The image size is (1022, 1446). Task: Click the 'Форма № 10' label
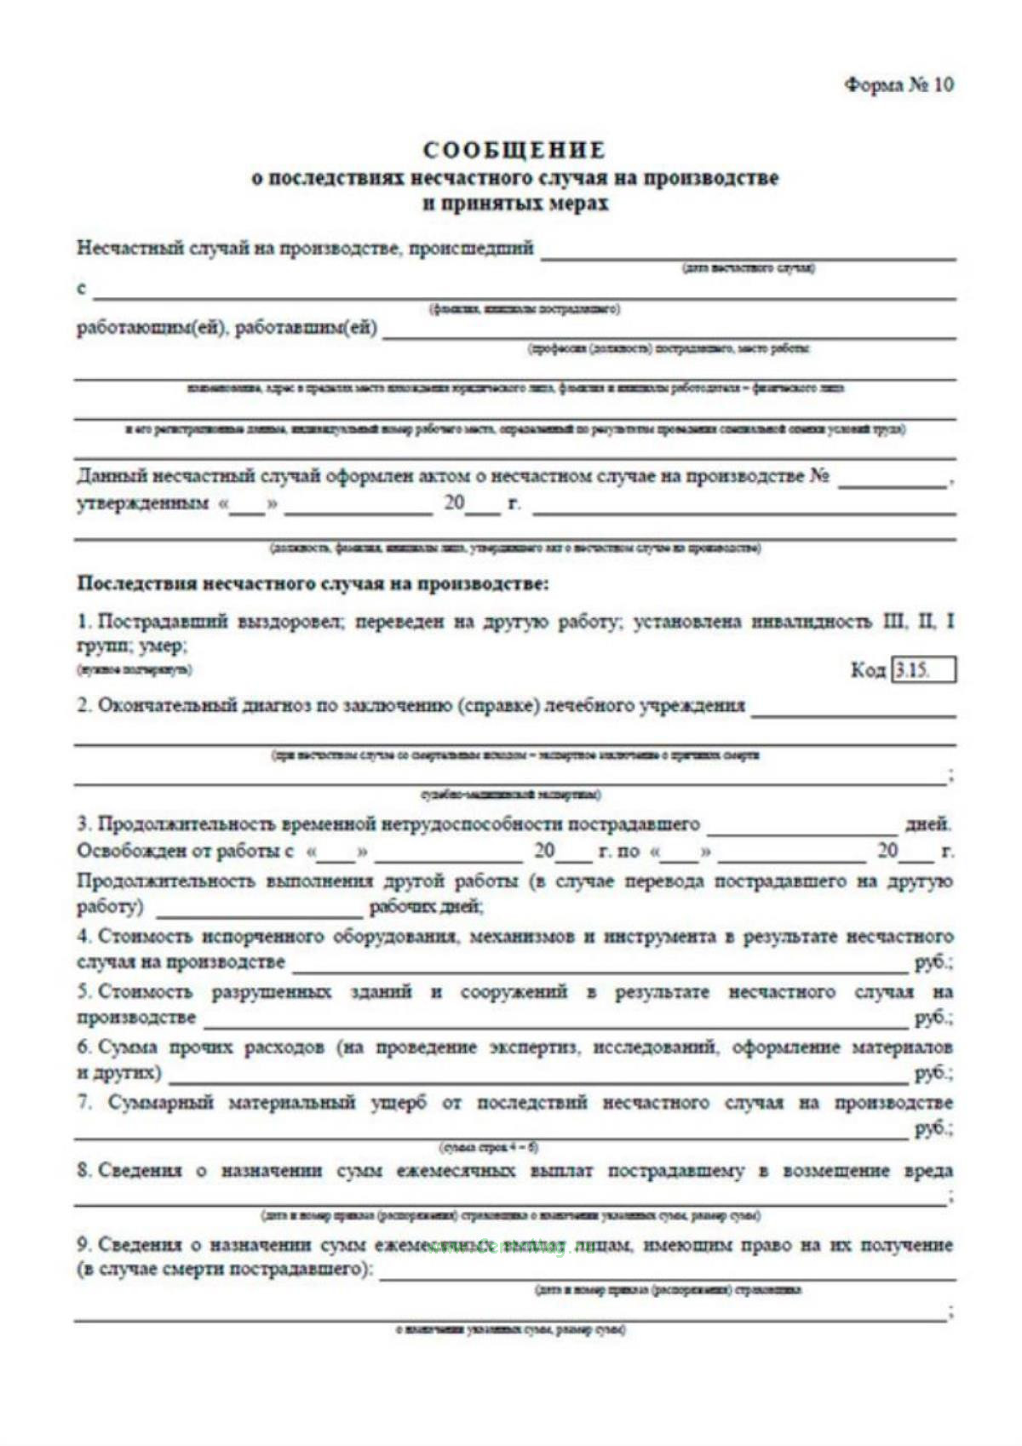899,85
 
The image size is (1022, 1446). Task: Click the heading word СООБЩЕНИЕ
514,151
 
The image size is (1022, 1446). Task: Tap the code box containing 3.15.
923,670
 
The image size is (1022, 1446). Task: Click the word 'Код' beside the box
868,670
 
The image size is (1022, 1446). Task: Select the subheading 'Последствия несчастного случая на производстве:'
313,584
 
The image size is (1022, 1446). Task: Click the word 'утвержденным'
142,503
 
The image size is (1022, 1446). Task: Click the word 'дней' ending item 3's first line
927,824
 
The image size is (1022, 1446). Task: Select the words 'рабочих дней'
426,907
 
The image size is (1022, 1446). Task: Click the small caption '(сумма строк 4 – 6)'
489,1147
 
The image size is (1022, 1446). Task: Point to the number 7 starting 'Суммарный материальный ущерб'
83,1103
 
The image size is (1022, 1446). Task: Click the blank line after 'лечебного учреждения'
853,712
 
